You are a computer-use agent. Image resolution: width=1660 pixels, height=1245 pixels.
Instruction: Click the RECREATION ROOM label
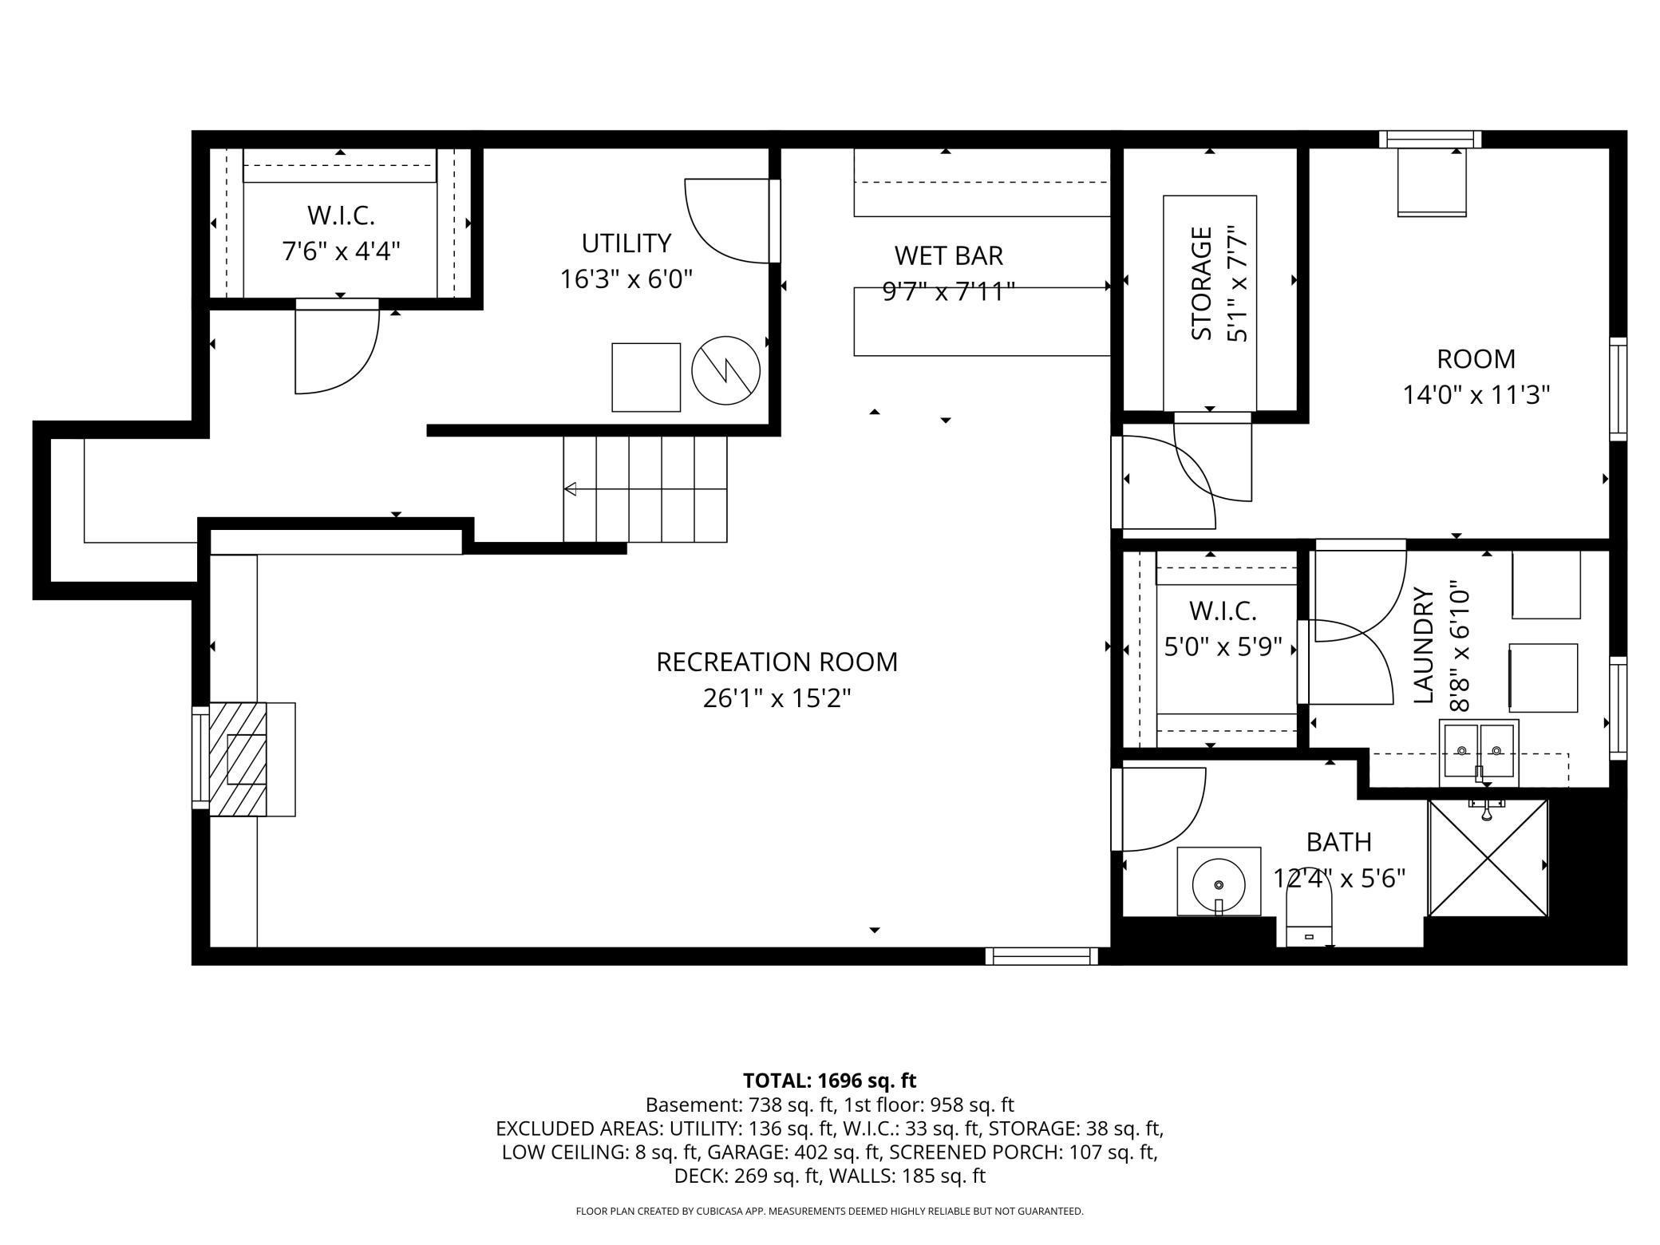coord(777,662)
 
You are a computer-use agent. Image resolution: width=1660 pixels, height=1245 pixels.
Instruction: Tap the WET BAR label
coord(948,255)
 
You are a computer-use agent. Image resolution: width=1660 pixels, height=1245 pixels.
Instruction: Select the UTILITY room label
coord(626,243)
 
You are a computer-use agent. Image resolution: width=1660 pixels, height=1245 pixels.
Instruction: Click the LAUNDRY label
coord(1423,646)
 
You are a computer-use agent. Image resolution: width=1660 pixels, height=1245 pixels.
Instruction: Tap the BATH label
coord(1338,842)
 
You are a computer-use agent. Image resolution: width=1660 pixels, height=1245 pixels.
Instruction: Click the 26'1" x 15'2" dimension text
coord(777,698)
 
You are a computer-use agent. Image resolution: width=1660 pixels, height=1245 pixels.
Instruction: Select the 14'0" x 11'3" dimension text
coord(1476,395)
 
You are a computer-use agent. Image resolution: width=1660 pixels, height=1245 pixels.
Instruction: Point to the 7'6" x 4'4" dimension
coord(341,251)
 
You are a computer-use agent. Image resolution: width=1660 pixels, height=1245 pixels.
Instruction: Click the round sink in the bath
coord(1219,883)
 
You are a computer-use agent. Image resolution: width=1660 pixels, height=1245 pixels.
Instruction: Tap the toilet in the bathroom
coord(1310,918)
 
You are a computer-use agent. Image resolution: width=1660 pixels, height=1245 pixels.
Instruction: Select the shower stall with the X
coord(1488,858)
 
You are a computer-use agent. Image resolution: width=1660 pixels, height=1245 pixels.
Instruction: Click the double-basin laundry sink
coord(1479,752)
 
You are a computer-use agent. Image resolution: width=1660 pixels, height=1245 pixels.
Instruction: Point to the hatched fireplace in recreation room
coord(238,759)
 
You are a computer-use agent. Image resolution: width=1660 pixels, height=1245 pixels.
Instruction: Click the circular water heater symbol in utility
coord(726,370)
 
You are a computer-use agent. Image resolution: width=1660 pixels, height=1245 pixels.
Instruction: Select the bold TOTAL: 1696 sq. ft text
coord(829,1081)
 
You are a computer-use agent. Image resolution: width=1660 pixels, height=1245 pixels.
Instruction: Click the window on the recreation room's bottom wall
coord(1041,955)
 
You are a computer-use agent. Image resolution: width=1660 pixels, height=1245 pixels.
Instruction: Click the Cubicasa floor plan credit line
coord(829,1211)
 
